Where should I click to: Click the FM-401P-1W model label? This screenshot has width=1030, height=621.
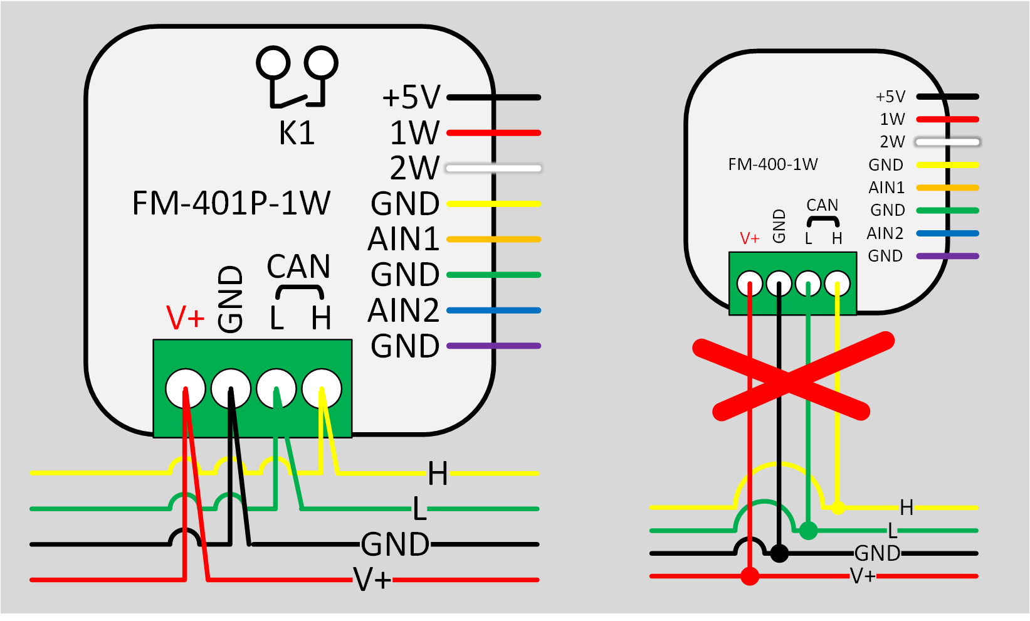coord(231,203)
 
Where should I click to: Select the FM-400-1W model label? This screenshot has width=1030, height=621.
coord(772,164)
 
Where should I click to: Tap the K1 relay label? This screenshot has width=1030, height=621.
coord(297,133)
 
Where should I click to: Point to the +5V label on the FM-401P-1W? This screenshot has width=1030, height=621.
coord(411,98)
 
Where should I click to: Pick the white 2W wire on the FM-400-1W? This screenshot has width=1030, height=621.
coord(947,142)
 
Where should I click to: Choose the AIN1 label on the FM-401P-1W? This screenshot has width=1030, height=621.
coord(404,240)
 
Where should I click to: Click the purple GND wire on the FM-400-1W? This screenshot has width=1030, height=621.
coord(947,256)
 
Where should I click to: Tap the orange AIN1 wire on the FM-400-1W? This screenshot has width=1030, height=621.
coord(947,188)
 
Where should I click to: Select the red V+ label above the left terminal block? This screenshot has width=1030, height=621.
coord(185,317)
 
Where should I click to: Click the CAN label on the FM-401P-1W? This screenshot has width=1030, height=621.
coord(298,267)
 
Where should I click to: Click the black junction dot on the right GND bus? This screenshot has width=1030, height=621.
coord(779,553)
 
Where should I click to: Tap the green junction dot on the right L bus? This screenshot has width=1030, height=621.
coord(809,531)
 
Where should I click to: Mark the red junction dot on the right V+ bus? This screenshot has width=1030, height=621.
coord(750,576)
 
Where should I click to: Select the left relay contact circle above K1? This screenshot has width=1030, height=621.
coord(273,63)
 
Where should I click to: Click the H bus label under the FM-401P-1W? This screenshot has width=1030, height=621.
coord(438,474)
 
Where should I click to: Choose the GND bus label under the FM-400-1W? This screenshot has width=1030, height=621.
coord(877,553)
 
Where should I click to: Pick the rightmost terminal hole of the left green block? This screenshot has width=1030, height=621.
coord(322,389)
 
